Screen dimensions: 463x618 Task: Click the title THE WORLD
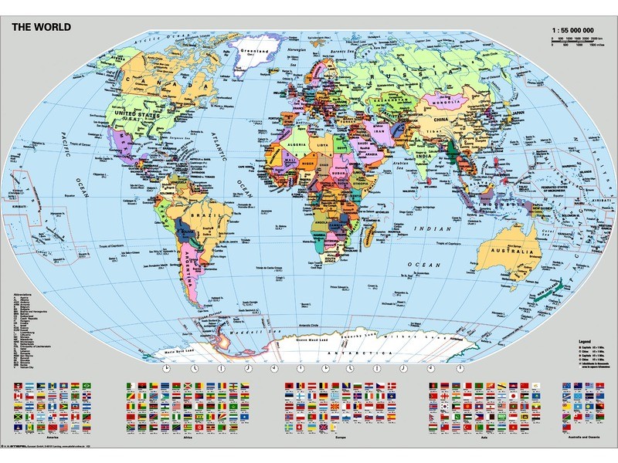41,27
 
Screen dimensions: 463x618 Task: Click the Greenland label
253,55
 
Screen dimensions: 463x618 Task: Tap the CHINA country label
441,121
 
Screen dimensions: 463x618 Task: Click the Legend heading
586,339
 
